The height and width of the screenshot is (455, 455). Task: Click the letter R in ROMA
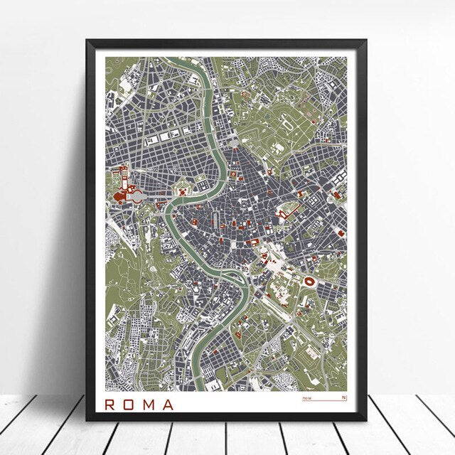pos(109,405)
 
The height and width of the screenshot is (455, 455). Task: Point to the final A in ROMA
pos(167,405)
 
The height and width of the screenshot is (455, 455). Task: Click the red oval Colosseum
pos(310,262)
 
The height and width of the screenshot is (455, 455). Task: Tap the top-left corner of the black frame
pos(87,41)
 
